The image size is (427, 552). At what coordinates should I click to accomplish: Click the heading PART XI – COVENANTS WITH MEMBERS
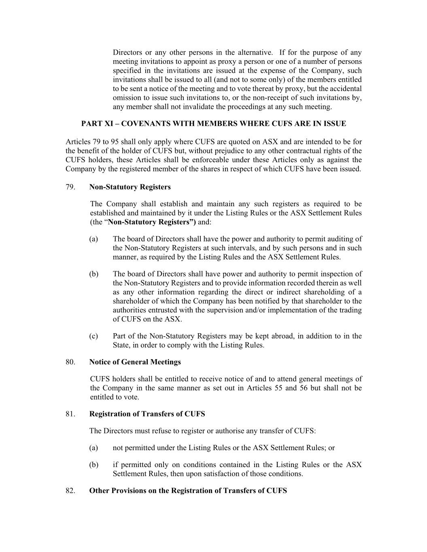213,124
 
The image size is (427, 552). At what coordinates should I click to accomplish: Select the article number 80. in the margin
70,362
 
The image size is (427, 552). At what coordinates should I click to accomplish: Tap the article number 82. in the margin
70,491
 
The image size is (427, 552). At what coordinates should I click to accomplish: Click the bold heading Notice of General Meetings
135,362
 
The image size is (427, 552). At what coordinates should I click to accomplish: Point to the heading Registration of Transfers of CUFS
147,414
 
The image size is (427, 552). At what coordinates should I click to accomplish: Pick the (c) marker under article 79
93,336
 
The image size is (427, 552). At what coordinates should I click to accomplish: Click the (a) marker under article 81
93,448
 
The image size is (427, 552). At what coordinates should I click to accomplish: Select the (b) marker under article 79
93,274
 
